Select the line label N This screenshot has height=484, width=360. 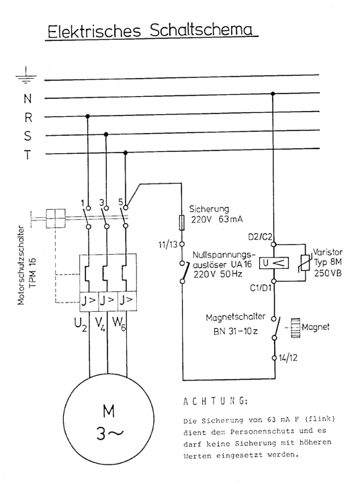(28, 98)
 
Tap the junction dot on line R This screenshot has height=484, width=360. (87, 116)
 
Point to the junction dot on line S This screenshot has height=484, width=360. (106, 134)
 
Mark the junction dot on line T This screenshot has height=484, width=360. (125, 153)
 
